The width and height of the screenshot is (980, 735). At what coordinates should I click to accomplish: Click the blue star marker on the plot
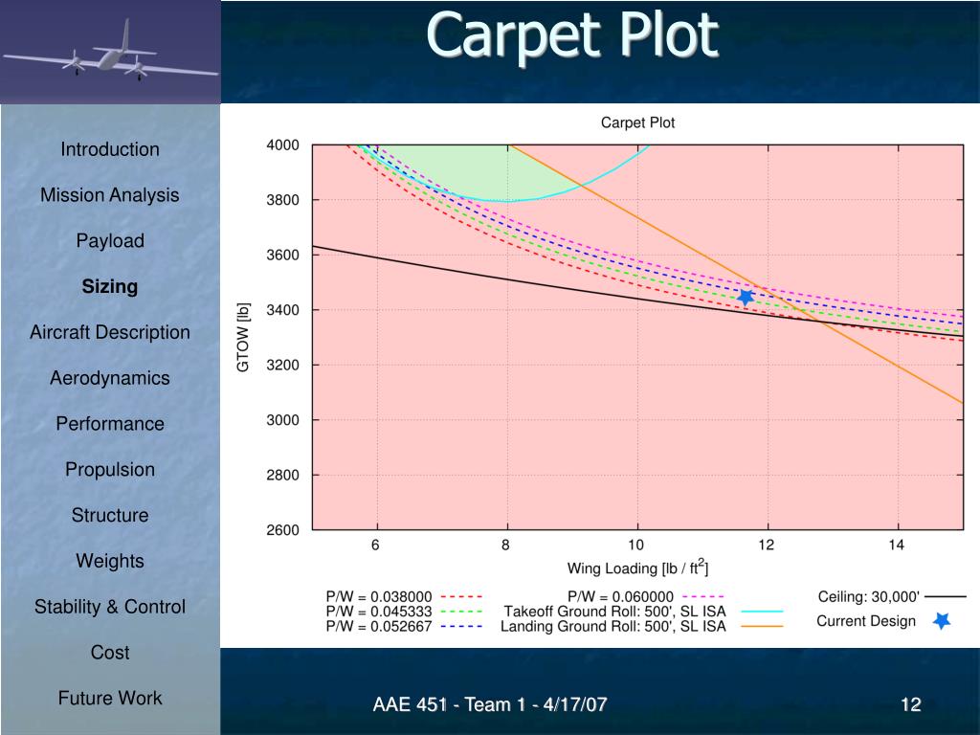tap(746, 298)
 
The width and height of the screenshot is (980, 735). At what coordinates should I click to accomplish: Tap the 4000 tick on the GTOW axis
tap(283, 145)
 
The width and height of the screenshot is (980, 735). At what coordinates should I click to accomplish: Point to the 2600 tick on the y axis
tap(283, 530)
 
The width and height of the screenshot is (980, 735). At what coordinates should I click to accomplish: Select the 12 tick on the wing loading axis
tap(767, 546)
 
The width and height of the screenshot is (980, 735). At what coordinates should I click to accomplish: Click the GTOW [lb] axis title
tap(244, 338)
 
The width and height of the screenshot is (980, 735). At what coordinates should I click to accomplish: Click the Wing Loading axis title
tap(637, 568)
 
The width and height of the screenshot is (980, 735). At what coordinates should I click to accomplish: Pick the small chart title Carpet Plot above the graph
tap(637, 122)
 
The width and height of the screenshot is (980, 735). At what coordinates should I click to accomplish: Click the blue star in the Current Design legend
tap(942, 621)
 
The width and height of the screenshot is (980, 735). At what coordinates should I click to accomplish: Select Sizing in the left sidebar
tap(109, 287)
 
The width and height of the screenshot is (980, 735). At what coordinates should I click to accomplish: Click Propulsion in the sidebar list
tap(109, 470)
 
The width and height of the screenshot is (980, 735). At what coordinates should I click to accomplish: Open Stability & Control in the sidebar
tap(109, 607)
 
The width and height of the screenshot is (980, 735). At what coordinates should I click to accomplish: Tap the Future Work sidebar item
tap(109, 699)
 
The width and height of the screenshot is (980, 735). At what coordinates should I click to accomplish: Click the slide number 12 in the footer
tap(910, 706)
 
